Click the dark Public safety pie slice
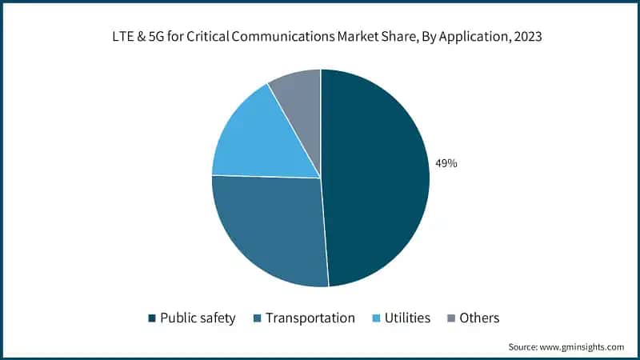click(376, 176)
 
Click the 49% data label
click(446, 163)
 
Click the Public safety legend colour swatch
click(151, 318)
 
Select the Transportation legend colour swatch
click(257, 318)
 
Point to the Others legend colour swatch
click(450, 318)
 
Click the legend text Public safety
click(198, 318)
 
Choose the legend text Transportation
click(310, 318)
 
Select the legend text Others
click(479, 318)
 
